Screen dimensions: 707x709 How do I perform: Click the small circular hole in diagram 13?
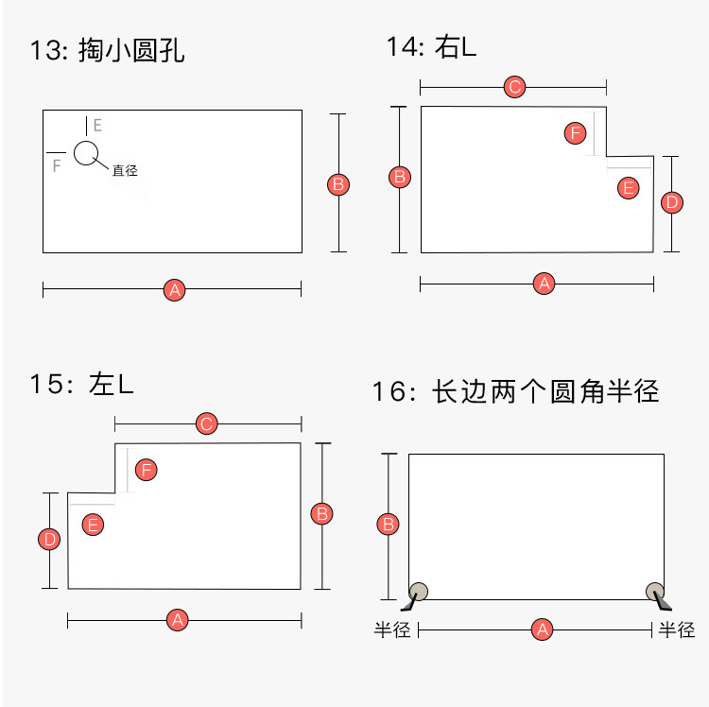click(x=86, y=152)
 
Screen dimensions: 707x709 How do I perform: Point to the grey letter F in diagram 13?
click(x=57, y=165)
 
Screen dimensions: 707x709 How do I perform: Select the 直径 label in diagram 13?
click(x=125, y=171)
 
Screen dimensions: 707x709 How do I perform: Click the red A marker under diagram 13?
click(x=173, y=290)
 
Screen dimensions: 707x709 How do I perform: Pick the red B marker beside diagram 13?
click(x=338, y=184)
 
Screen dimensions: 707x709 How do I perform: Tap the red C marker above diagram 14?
click(x=514, y=88)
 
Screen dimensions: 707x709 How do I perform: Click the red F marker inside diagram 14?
click(x=575, y=132)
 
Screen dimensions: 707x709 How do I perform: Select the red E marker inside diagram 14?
click(x=628, y=187)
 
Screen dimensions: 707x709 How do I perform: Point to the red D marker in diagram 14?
click(x=671, y=202)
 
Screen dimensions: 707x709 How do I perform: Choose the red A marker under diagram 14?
click(x=543, y=283)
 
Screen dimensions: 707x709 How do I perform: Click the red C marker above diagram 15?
click(x=207, y=423)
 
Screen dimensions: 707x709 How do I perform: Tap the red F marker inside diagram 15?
click(x=146, y=469)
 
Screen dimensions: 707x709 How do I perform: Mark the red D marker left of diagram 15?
click(x=49, y=540)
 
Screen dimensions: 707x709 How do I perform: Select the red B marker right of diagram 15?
click(x=322, y=514)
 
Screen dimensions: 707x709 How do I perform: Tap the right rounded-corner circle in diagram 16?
click(x=654, y=591)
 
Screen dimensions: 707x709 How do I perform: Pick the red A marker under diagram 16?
click(x=542, y=629)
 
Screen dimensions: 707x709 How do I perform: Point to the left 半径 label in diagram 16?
click(x=392, y=629)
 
